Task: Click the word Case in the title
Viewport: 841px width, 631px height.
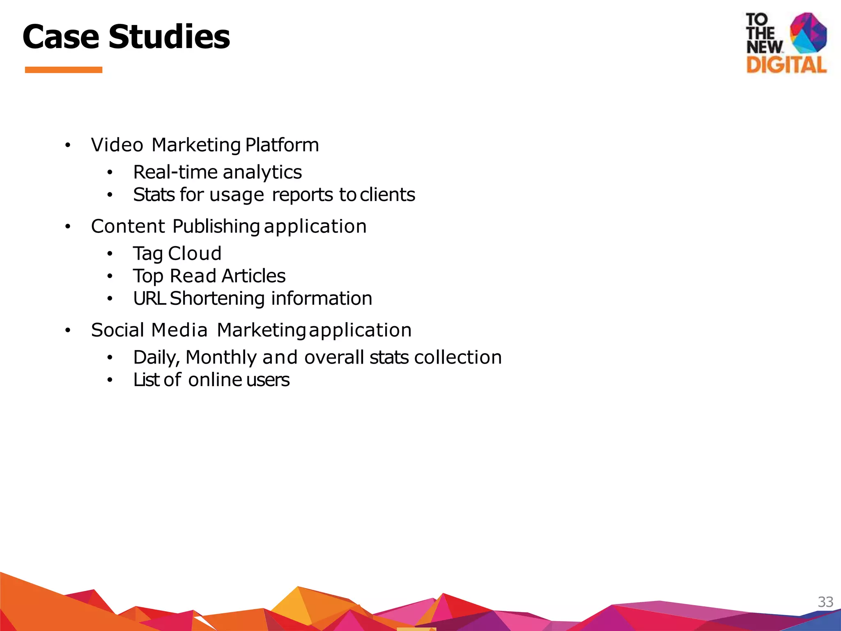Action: point(61,37)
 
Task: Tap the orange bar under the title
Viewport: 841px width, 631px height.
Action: point(64,70)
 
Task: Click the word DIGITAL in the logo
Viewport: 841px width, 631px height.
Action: point(786,65)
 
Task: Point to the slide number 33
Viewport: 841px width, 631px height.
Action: point(825,602)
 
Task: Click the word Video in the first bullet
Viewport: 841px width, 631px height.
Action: point(117,145)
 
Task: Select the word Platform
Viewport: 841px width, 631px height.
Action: point(282,145)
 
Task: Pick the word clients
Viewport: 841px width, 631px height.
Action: point(387,195)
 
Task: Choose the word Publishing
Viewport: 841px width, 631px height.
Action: point(216,227)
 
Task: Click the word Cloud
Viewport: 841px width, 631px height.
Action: point(195,253)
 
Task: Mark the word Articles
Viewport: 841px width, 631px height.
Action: point(253,276)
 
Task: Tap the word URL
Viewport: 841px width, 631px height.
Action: point(149,299)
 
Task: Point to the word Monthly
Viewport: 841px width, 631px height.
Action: point(221,357)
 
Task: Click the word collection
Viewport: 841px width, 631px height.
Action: point(458,357)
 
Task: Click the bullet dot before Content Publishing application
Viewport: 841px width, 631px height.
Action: point(68,227)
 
